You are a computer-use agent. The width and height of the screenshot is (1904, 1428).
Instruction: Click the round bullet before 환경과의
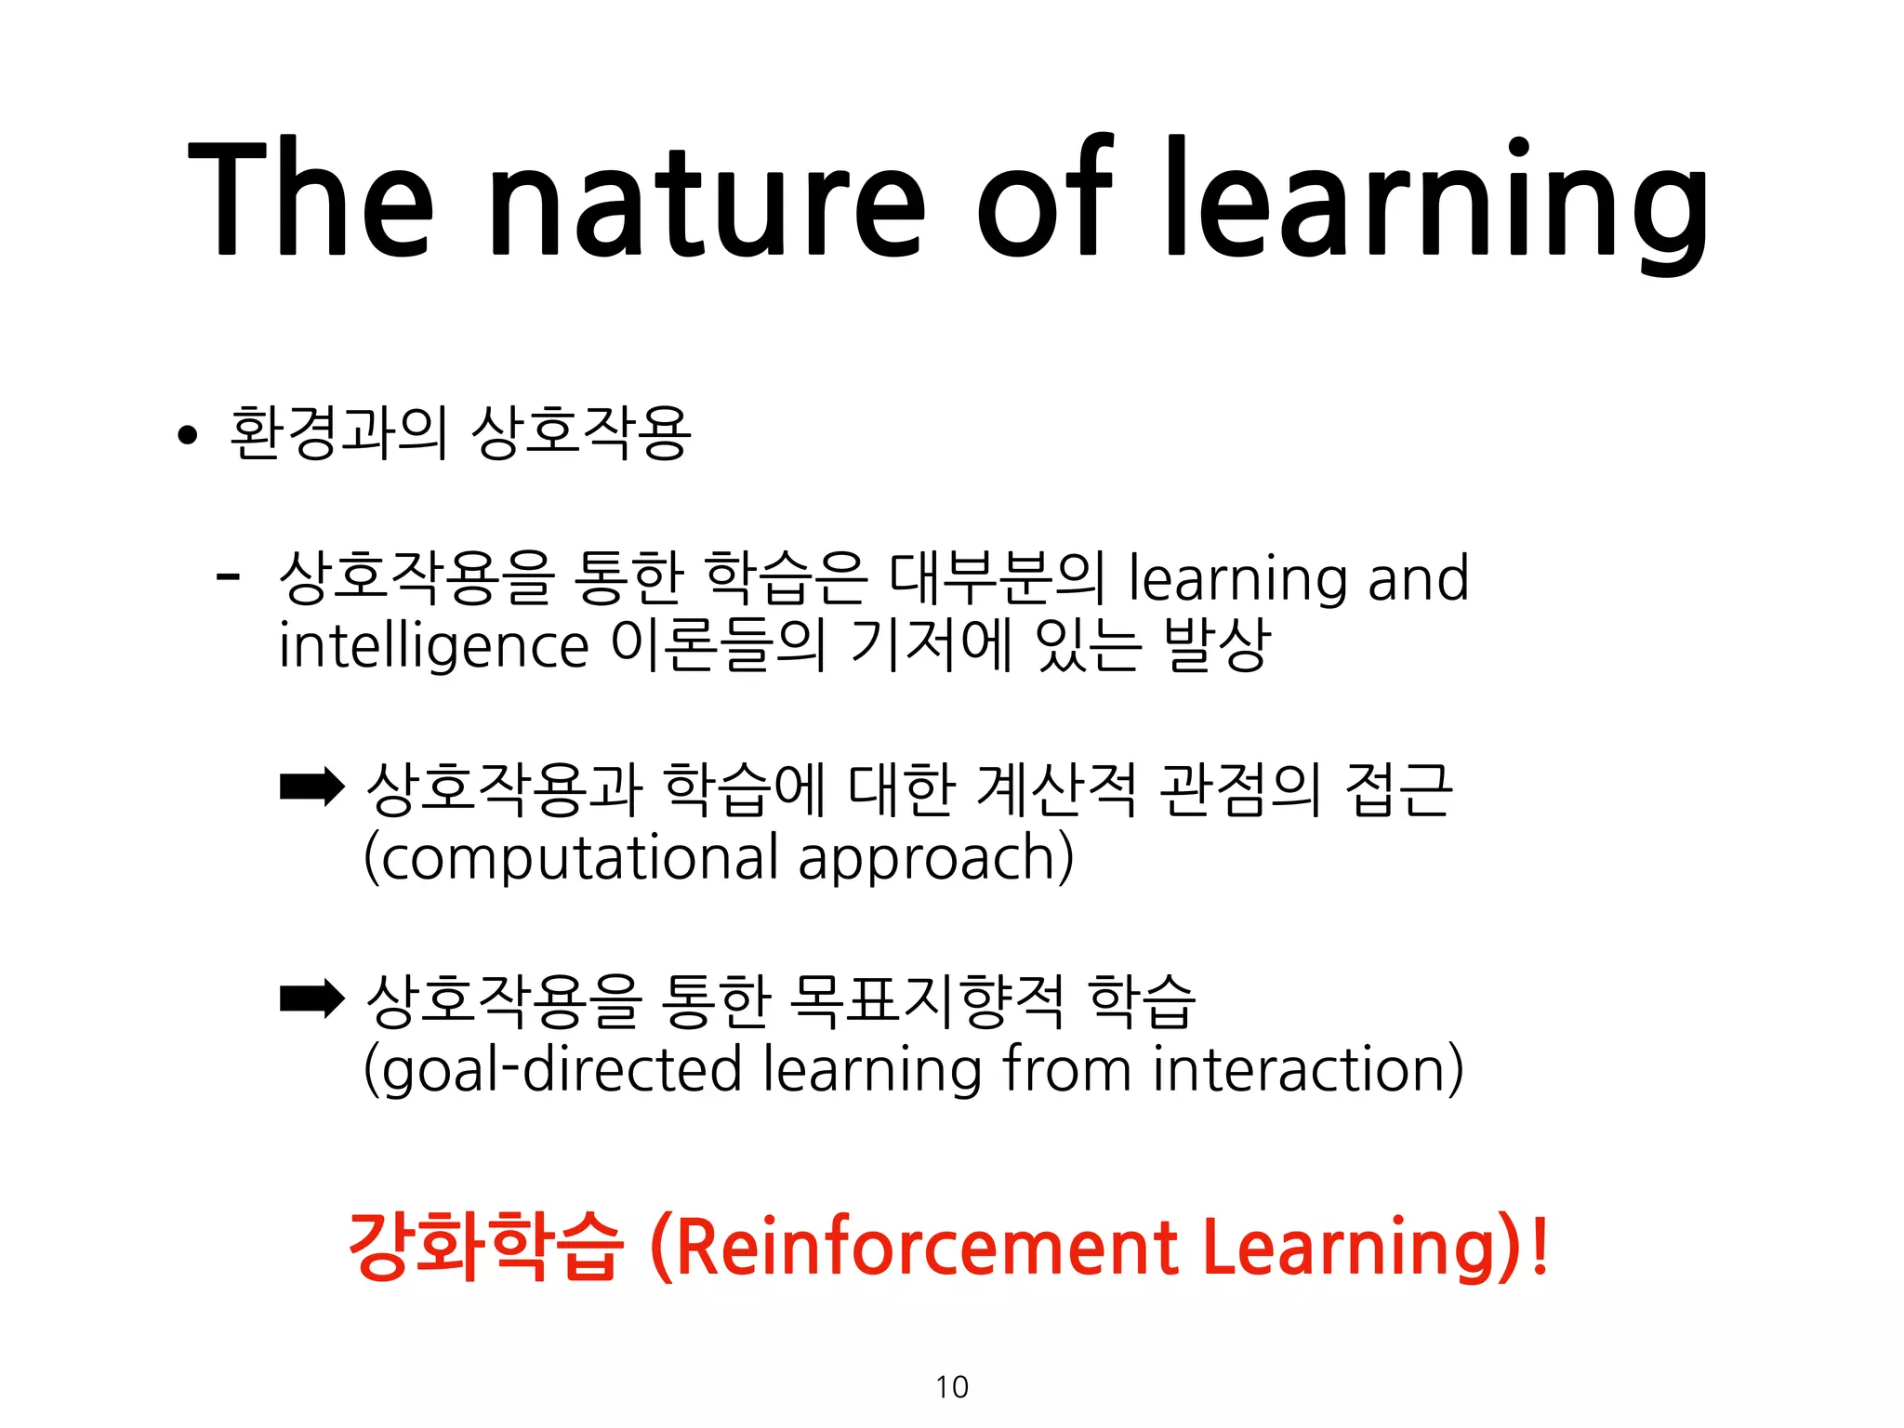[188, 434]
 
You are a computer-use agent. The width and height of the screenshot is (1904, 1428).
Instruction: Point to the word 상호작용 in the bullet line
[581, 433]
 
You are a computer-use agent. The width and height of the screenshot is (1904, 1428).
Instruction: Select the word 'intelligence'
[433, 646]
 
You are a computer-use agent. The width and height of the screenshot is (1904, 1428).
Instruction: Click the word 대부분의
[997, 577]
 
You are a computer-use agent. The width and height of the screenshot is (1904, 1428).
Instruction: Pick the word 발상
[1217, 644]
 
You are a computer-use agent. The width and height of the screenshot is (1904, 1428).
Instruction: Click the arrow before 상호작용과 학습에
[312, 787]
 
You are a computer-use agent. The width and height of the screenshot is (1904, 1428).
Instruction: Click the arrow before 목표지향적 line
[312, 999]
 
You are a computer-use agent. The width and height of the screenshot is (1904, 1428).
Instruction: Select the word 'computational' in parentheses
[576, 857]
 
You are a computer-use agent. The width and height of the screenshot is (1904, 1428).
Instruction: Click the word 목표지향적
[925, 1000]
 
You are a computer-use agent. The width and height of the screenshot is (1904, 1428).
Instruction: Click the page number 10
[952, 1387]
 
